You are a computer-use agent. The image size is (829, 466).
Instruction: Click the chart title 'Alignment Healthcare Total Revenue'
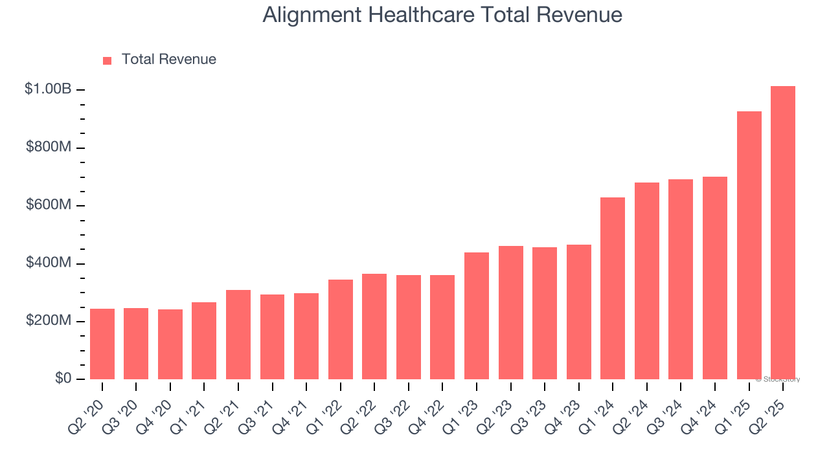click(442, 15)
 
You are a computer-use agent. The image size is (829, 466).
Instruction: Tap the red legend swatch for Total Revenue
click(107, 60)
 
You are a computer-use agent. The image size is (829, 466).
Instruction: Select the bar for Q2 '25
click(782, 232)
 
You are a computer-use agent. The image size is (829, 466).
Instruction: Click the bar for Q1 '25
click(749, 245)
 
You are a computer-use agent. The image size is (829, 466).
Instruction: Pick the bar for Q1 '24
click(613, 288)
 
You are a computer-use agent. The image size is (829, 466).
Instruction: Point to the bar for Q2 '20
click(102, 344)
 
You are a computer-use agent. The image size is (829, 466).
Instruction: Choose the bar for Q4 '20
click(170, 344)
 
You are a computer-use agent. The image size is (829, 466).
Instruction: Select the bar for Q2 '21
click(238, 335)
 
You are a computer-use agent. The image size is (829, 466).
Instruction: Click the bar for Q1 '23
click(477, 316)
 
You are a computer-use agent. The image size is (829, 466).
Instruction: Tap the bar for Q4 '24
click(714, 278)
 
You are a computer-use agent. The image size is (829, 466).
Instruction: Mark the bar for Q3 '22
click(409, 327)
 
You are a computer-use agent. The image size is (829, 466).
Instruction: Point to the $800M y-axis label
click(49, 148)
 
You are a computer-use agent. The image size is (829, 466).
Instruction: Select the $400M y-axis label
click(49, 263)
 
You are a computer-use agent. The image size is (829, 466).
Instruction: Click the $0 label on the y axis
click(63, 379)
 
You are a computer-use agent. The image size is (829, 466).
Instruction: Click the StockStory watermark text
click(778, 379)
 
